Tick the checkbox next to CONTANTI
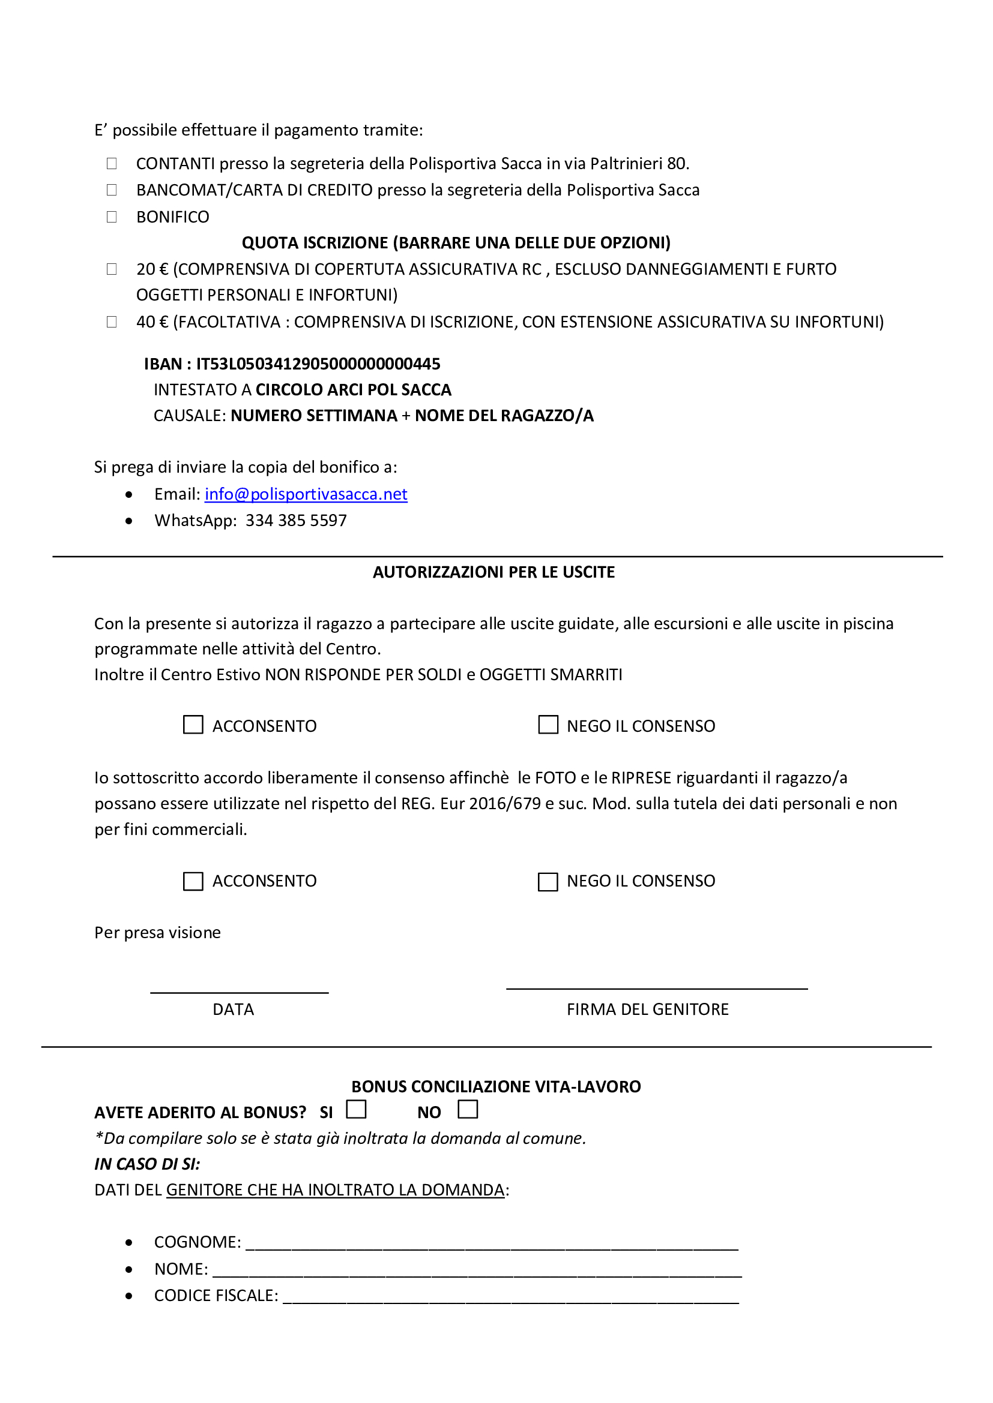click(x=112, y=163)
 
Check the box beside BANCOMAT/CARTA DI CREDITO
click(x=112, y=190)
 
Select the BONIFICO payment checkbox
click(x=112, y=217)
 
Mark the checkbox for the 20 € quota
click(x=112, y=269)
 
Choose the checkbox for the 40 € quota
click(x=112, y=322)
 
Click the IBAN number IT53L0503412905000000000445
click(x=318, y=364)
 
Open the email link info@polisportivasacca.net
click(x=306, y=494)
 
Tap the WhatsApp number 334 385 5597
click(x=296, y=521)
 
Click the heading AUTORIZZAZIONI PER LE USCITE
click(x=494, y=572)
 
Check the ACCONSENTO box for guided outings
click(x=193, y=725)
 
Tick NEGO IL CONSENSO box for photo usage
click(x=548, y=882)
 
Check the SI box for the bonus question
click(x=357, y=1109)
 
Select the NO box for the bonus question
click(x=468, y=1109)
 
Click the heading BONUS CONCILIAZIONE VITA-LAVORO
click(x=496, y=1086)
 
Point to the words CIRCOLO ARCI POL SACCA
click(x=354, y=390)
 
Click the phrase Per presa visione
click(x=157, y=933)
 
